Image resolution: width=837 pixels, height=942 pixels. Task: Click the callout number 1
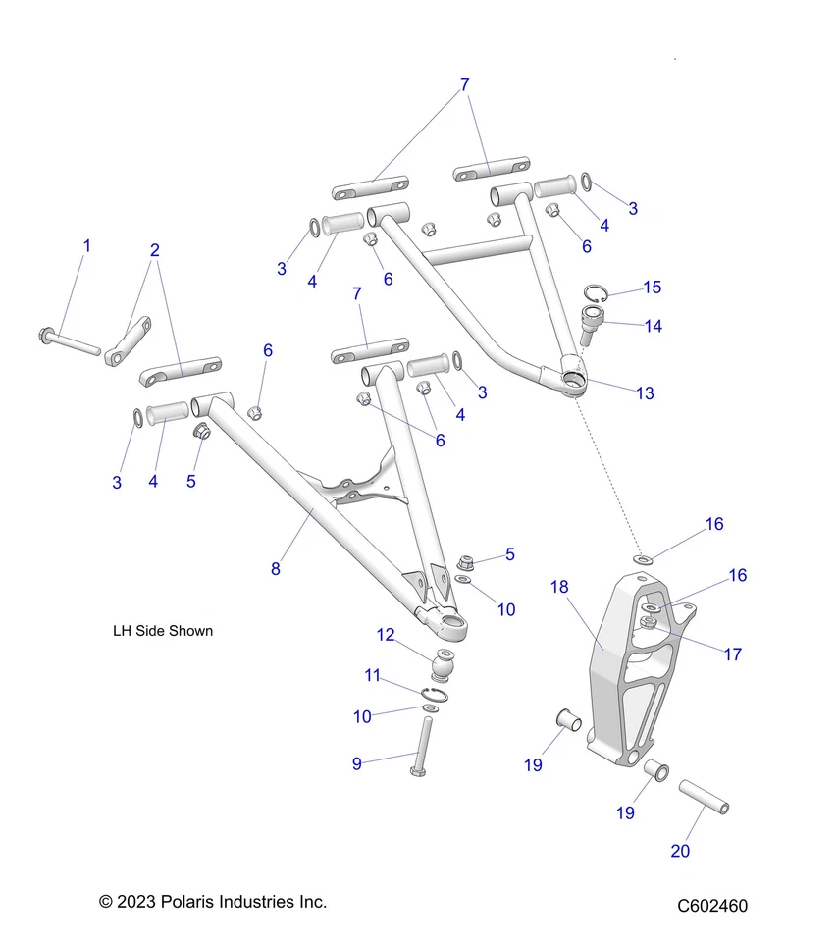(x=86, y=245)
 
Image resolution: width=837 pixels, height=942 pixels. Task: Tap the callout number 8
(x=276, y=568)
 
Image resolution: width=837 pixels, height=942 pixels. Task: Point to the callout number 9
(x=357, y=763)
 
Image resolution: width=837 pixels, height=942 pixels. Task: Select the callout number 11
(x=372, y=675)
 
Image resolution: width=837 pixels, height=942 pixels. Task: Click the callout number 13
(x=645, y=393)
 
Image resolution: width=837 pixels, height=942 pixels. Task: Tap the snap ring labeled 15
(x=599, y=293)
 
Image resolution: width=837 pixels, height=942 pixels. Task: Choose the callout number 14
(x=652, y=327)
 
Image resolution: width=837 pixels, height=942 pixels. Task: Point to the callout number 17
(x=733, y=654)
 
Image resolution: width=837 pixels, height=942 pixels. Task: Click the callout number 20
(x=680, y=851)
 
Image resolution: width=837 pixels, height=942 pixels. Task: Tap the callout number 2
(x=154, y=250)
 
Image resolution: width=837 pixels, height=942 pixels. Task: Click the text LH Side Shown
(x=163, y=631)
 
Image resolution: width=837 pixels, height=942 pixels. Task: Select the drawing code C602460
(x=711, y=906)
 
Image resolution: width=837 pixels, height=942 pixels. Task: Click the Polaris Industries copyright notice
(x=213, y=901)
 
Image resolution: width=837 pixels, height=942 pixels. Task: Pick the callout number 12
(x=386, y=635)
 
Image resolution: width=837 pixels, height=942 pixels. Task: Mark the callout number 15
(x=652, y=288)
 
